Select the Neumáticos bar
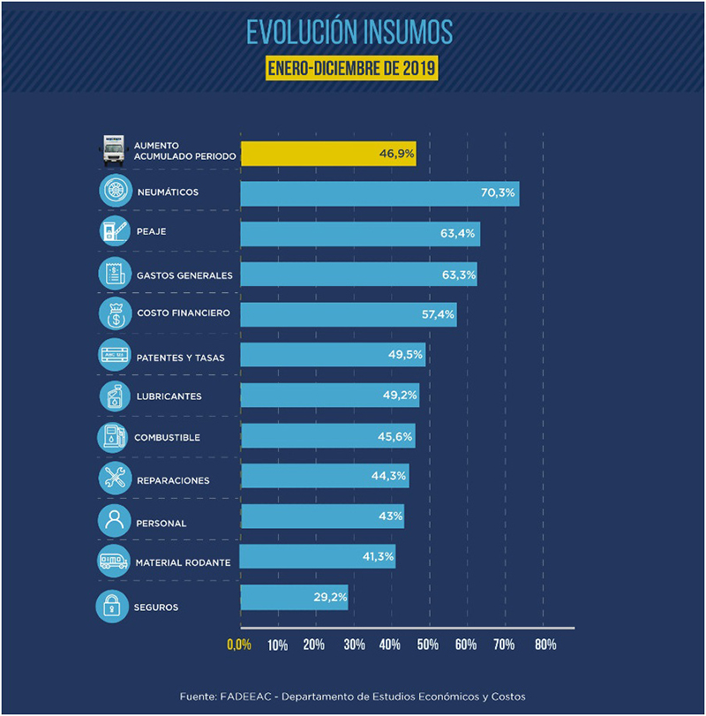pos(379,193)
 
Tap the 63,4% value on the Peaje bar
pos(459,234)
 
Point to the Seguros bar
pos(294,597)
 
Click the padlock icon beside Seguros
pos(112,607)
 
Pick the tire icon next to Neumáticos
pos(116,192)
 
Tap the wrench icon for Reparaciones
pos(116,479)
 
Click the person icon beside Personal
pos(115,521)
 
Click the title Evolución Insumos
pos(349,33)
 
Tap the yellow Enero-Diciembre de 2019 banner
pos(352,68)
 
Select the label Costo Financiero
pos(184,313)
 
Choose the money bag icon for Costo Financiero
pos(115,313)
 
